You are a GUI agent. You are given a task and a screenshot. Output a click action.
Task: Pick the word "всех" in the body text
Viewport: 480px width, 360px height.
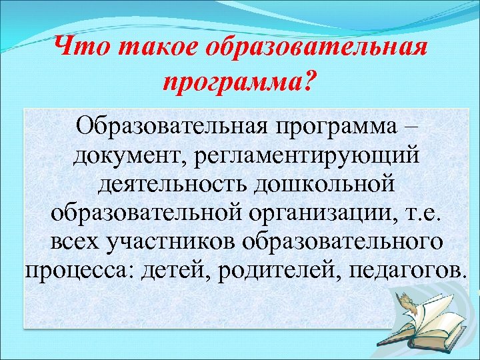tap(75, 243)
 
